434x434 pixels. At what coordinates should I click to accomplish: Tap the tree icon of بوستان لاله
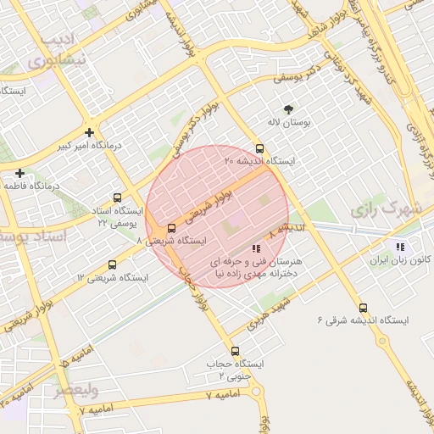(x=288, y=109)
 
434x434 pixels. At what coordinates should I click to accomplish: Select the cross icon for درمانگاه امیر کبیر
(x=89, y=132)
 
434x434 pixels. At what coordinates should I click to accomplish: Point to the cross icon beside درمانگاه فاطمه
(x=19, y=173)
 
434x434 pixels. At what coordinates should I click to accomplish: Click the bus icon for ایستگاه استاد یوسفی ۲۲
(x=117, y=198)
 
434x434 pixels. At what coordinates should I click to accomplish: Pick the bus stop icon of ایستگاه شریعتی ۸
(x=172, y=228)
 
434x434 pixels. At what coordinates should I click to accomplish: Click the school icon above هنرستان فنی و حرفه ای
(x=257, y=248)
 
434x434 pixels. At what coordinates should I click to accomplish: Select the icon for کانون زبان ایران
(x=400, y=247)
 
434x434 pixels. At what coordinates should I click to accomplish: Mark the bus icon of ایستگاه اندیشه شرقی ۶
(x=364, y=308)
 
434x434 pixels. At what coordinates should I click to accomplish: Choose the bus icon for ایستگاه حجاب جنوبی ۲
(x=235, y=351)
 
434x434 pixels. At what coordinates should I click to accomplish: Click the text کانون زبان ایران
(x=403, y=259)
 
